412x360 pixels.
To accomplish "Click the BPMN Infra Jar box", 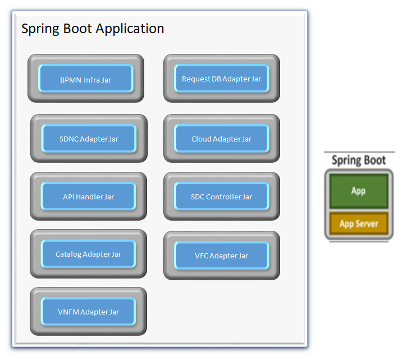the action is (x=86, y=79).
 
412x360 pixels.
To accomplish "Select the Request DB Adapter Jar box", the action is (x=222, y=79).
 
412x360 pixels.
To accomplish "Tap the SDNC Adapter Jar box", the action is (x=89, y=138).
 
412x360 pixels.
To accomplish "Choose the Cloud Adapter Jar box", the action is (x=222, y=138).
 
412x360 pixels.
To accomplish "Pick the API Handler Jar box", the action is (x=88, y=196).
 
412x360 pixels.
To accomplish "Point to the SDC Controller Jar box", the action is (x=222, y=196).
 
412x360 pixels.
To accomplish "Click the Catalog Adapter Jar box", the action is (x=88, y=254).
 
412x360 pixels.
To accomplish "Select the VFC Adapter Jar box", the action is (x=222, y=256).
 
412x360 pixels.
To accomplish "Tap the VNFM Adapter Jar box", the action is (x=88, y=311).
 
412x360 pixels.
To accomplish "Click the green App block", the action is (x=359, y=191).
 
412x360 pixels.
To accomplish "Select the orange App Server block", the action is (x=359, y=224).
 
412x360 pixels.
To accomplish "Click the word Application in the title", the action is (x=130, y=29).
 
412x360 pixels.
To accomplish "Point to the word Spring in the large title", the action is (x=40, y=29).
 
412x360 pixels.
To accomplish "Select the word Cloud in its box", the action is (x=202, y=139).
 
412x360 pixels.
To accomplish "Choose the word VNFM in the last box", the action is (x=68, y=312).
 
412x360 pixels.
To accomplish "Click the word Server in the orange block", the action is (x=367, y=224).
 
